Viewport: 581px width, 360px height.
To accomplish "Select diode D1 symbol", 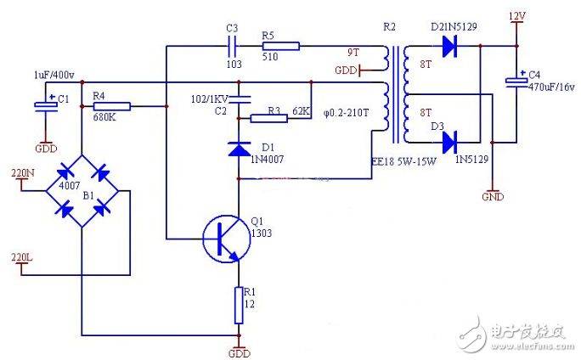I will pyautogui.click(x=239, y=149).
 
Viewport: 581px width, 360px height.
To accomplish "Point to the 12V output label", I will pyautogui.click(x=516, y=16).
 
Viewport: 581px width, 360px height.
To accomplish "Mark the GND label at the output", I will pyautogui.click(x=492, y=196).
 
